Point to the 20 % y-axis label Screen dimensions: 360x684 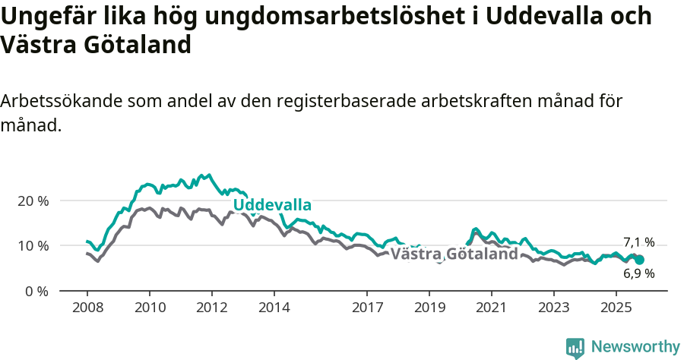pos(33,201)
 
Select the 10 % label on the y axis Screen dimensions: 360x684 pos(33,245)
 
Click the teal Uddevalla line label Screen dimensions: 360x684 pos(272,205)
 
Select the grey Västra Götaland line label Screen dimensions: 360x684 pos(454,254)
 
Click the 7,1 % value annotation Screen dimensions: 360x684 pos(638,242)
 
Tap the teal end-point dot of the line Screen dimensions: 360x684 pos(639,260)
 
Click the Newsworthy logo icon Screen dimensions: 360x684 pos(575,347)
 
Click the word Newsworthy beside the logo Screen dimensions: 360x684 pos(635,347)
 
